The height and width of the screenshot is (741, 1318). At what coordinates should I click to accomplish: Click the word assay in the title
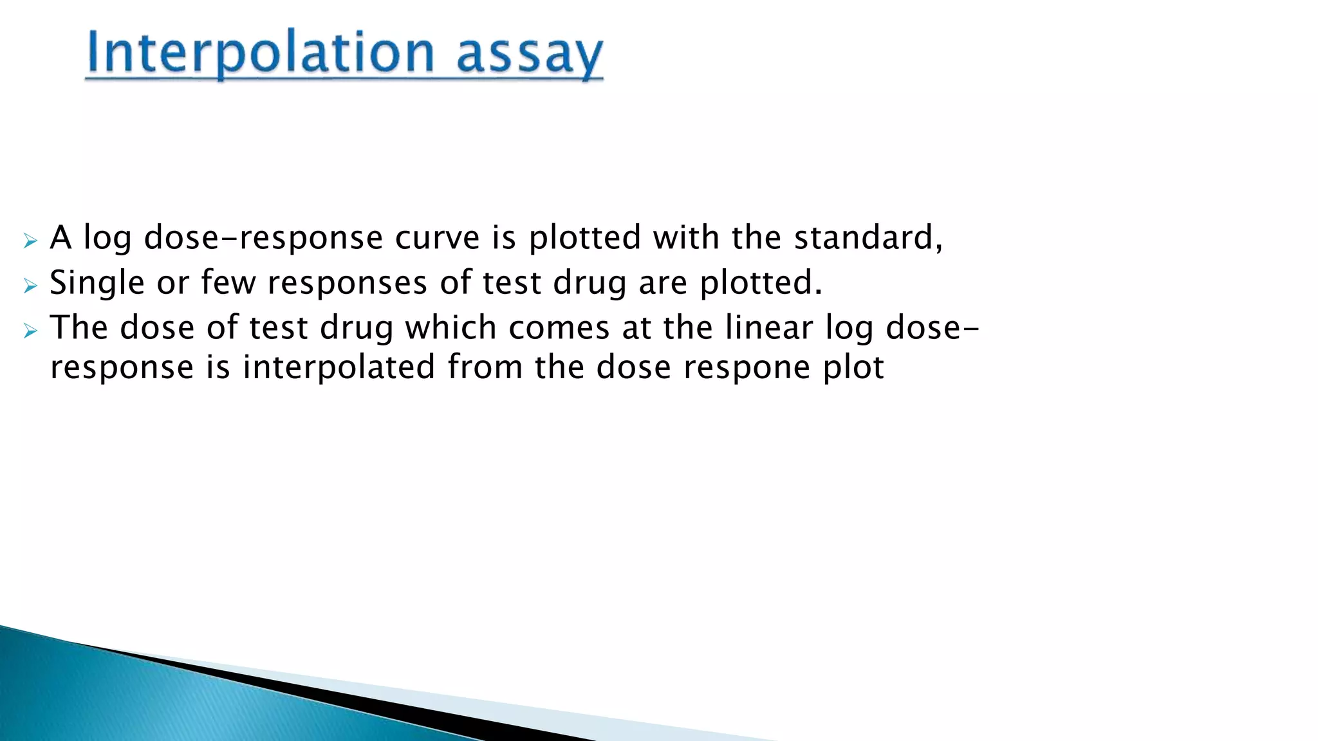pyautogui.click(x=529, y=55)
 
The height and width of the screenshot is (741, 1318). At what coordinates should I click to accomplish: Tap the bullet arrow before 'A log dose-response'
pyautogui.click(x=30, y=241)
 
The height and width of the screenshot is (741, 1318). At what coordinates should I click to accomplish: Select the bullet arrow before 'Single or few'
pyautogui.click(x=30, y=286)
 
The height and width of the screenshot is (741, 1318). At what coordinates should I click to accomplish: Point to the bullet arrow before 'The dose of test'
pyautogui.click(x=30, y=331)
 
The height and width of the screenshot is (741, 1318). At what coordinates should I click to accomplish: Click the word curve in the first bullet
pyautogui.click(x=437, y=238)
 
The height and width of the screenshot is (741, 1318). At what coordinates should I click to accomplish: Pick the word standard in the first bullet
pyautogui.click(x=864, y=238)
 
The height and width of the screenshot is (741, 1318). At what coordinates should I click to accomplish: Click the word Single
pyautogui.click(x=97, y=283)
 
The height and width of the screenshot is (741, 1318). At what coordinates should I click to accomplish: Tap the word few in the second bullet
pyautogui.click(x=228, y=283)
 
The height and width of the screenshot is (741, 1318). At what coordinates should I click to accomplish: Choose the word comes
pyautogui.click(x=559, y=328)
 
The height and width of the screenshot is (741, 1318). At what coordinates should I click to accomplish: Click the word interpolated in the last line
pyautogui.click(x=339, y=368)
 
